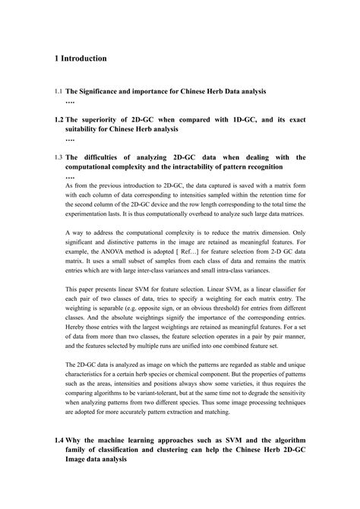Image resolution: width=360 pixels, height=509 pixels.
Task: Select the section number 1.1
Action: click(x=58, y=92)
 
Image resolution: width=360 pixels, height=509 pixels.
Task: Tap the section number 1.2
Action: click(x=58, y=119)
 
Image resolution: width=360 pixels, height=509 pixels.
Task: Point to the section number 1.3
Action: click(x=58, y=157)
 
